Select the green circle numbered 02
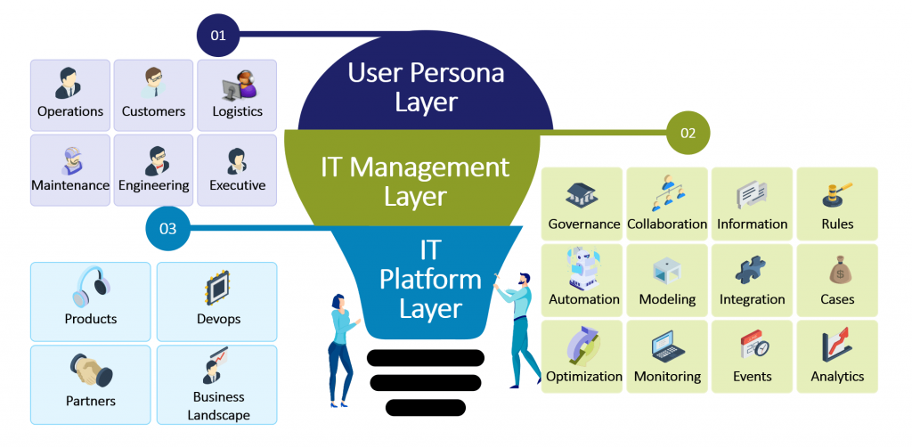(688, 134)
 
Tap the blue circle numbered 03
(167, 229)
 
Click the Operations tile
(70, 95)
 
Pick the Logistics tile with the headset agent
(238, 95)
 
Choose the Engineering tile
(154, 169)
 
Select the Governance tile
(583, 203)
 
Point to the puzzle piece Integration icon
(752, 270)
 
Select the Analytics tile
(836, 356)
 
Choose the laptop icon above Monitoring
(667, 346)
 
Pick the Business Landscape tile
(218, 385)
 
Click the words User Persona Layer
(426, 86)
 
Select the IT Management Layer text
(415, 180)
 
